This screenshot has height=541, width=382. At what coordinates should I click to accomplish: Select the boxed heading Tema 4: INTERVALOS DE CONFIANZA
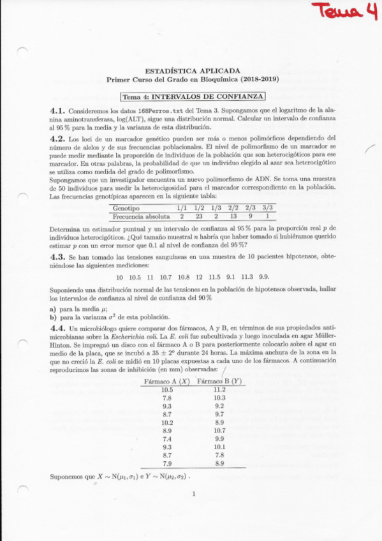(193, 96)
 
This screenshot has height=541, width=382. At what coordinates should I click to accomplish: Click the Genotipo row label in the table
(126, 208)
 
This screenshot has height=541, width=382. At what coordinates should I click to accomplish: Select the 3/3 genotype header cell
(268, 208)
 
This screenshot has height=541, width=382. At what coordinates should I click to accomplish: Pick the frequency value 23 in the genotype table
(198, 216)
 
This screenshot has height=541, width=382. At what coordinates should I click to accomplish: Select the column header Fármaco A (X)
(168, 381)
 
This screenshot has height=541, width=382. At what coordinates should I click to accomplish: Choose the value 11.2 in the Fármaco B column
(219, 389)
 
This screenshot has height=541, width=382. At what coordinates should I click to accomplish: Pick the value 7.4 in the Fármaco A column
(168, 439)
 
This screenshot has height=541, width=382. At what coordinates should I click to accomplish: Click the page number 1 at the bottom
(193, 493)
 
